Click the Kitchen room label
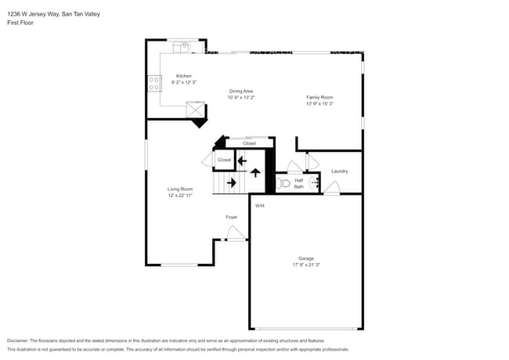(x=183, y=76)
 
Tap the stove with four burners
(x=153, y=84)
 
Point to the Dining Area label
(x=241, y=91)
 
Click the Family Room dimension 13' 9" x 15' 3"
(x=319, y=103)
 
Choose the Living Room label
(x=180, y=189)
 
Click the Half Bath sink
(x=315, y=182)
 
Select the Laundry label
(x=339, y=171)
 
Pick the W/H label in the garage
(x=259, y=206)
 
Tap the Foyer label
(x=232, y=217)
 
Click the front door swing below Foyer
(x=234, y=232)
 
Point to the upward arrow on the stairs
(x=255, y=171)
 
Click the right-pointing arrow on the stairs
(x=232, y=183)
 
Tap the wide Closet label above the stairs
(x=249, y=143)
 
